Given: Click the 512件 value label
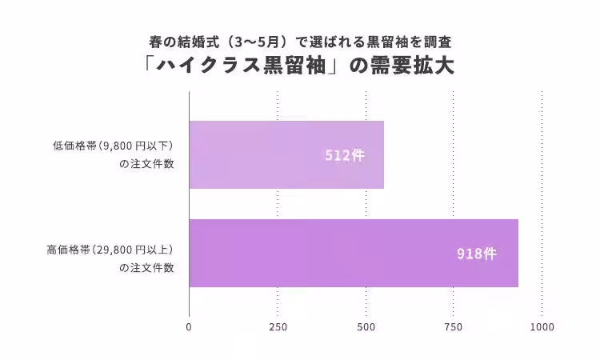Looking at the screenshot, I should pos(345,155).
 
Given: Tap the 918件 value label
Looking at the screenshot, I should pos(477,254).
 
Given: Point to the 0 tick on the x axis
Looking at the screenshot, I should pos(189,326).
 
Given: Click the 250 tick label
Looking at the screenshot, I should pos(278,326).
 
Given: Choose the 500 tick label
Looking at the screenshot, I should pos(366,326).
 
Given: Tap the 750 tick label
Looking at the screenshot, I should pos(454,326).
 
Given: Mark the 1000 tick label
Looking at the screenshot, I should pos(542,326).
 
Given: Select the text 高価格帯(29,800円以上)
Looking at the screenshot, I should pos(110,250).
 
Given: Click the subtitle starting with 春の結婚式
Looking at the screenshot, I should pos(300,40).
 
